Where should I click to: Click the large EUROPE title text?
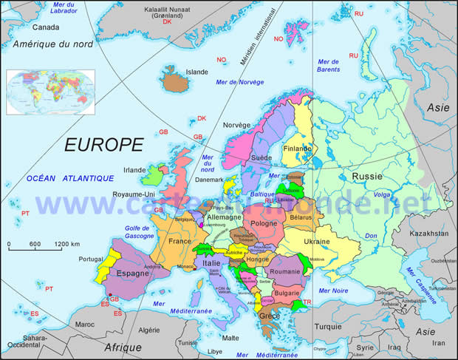[x=103, y=144]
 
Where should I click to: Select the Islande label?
[x=197, y=72]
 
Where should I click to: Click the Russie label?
[x=366, y=177]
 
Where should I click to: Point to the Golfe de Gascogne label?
[x=138, y=231]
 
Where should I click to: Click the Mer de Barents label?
[x=328, y=65]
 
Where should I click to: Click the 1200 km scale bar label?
[x=66, y=244]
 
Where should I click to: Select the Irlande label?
[x=134, y=169]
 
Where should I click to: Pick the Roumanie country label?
[x=284, y=272]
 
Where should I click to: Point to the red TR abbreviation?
[x=307, y=302]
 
